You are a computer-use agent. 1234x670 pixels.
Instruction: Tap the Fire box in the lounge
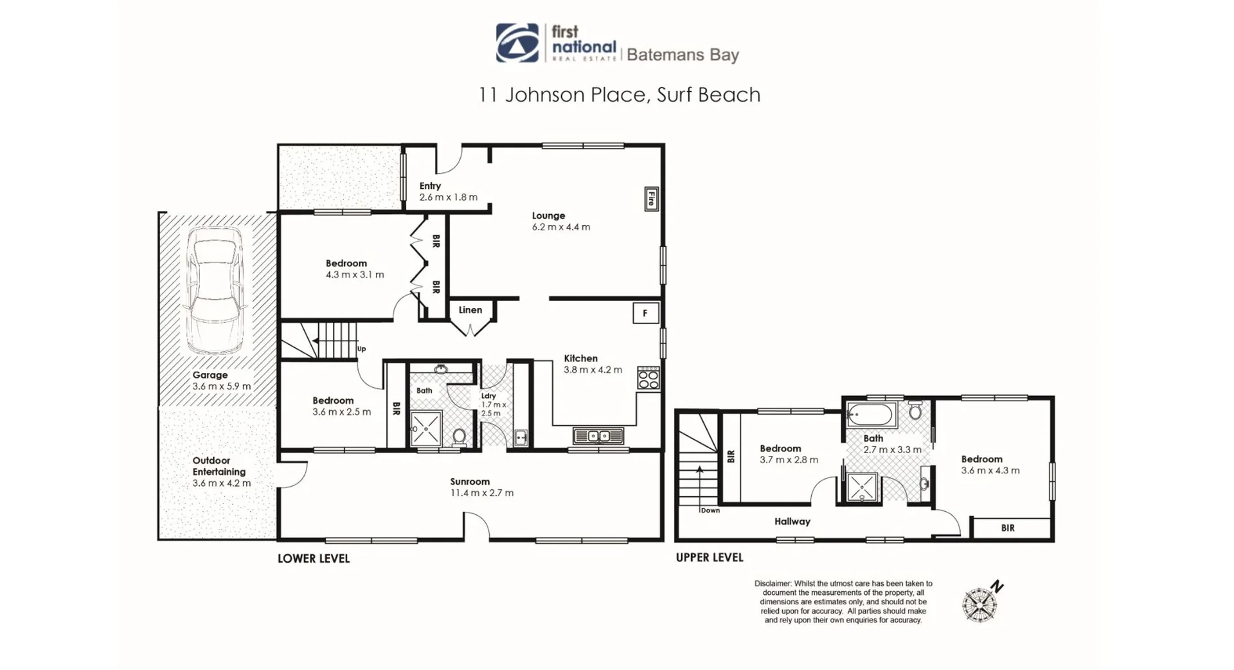tap(651, 198)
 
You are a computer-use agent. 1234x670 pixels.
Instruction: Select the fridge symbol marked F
tap(645, 313)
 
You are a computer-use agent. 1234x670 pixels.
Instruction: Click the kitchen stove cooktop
tap(648, 377)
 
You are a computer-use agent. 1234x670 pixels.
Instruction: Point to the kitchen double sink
tap(598, 436)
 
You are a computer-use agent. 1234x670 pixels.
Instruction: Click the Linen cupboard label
tap(470, 310)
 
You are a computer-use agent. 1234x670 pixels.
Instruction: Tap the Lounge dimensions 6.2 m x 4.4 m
tap(560, 227)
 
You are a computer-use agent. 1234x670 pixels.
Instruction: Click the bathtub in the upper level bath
tap(871, 415)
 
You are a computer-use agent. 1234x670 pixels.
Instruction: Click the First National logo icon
tap(517, 43)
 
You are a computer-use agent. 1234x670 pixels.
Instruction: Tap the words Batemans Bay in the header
tap(683, 55)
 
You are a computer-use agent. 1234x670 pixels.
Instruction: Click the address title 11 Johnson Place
tap(619, 95)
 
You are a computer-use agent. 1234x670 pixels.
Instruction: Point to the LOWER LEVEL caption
tap(314, 558)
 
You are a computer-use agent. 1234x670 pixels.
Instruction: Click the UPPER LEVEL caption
tap(709, 557)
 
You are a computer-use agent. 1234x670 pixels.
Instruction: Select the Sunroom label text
tap(470, 482)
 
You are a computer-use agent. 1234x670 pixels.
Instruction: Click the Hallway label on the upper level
tap(792, 521)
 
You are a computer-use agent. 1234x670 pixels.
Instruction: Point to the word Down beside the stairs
tap(710, 511)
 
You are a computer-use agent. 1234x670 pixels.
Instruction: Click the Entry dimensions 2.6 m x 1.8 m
tap(448, 197)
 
